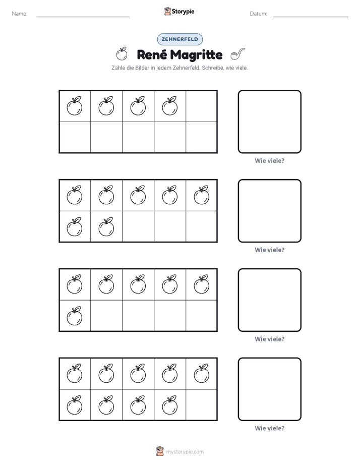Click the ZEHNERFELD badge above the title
(179, 39)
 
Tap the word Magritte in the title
(196, 54)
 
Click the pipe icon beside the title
(237, 54)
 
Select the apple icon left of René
(122, 54)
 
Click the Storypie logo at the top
(179, 11)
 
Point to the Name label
(20, 14)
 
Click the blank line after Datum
(311, 17)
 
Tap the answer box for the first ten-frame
(269, 122)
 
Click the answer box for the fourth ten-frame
(269, 389)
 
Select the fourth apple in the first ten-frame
(170, 106)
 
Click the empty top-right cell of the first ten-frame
(201, 106)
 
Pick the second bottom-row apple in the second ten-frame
(106, 227)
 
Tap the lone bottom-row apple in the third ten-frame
(75, 316)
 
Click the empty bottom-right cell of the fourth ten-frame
(201, 405)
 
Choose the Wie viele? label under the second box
(269, 250)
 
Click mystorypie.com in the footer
(185, 452)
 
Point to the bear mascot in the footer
(160, 451)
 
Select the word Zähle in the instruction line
(118, 68)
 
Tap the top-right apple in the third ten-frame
(201, 284)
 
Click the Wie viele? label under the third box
(269, 339)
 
